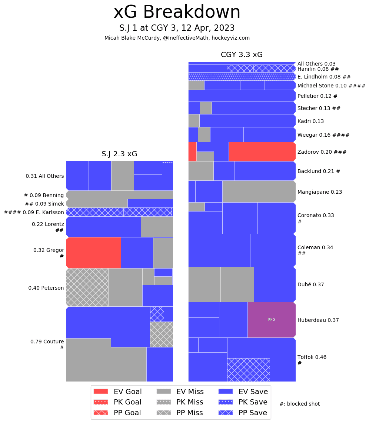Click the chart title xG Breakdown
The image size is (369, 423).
click(177, 12)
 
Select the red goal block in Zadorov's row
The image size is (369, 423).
click(262, 151)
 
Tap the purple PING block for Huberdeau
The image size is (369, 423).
click(271, 320)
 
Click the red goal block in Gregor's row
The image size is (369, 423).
click(93, 253)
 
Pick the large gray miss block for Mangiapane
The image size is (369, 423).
click(259, 191)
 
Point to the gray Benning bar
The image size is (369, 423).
click(120, 195)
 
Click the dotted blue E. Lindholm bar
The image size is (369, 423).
click(242, 77)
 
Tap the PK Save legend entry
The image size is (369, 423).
click(243, 402)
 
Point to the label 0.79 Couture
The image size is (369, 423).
click(47, 342)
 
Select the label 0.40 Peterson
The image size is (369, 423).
click(46, 288)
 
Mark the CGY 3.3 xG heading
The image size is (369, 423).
click(242, 55)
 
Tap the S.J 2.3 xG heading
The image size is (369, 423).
click(119, 154)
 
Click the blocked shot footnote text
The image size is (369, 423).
click(299, 404)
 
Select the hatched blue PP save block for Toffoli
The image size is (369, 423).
click(248, 370)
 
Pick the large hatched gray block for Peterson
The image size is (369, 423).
click(87, 287)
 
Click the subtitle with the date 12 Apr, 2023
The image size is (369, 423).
click(177, 28)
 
